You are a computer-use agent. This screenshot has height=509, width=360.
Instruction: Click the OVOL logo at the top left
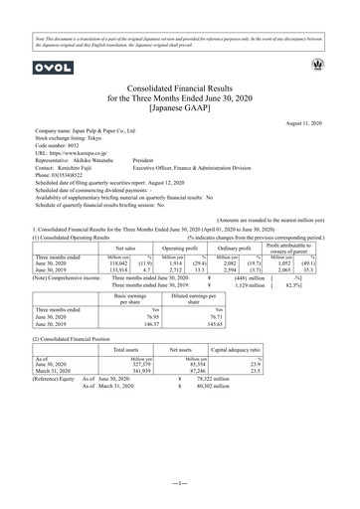48,67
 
